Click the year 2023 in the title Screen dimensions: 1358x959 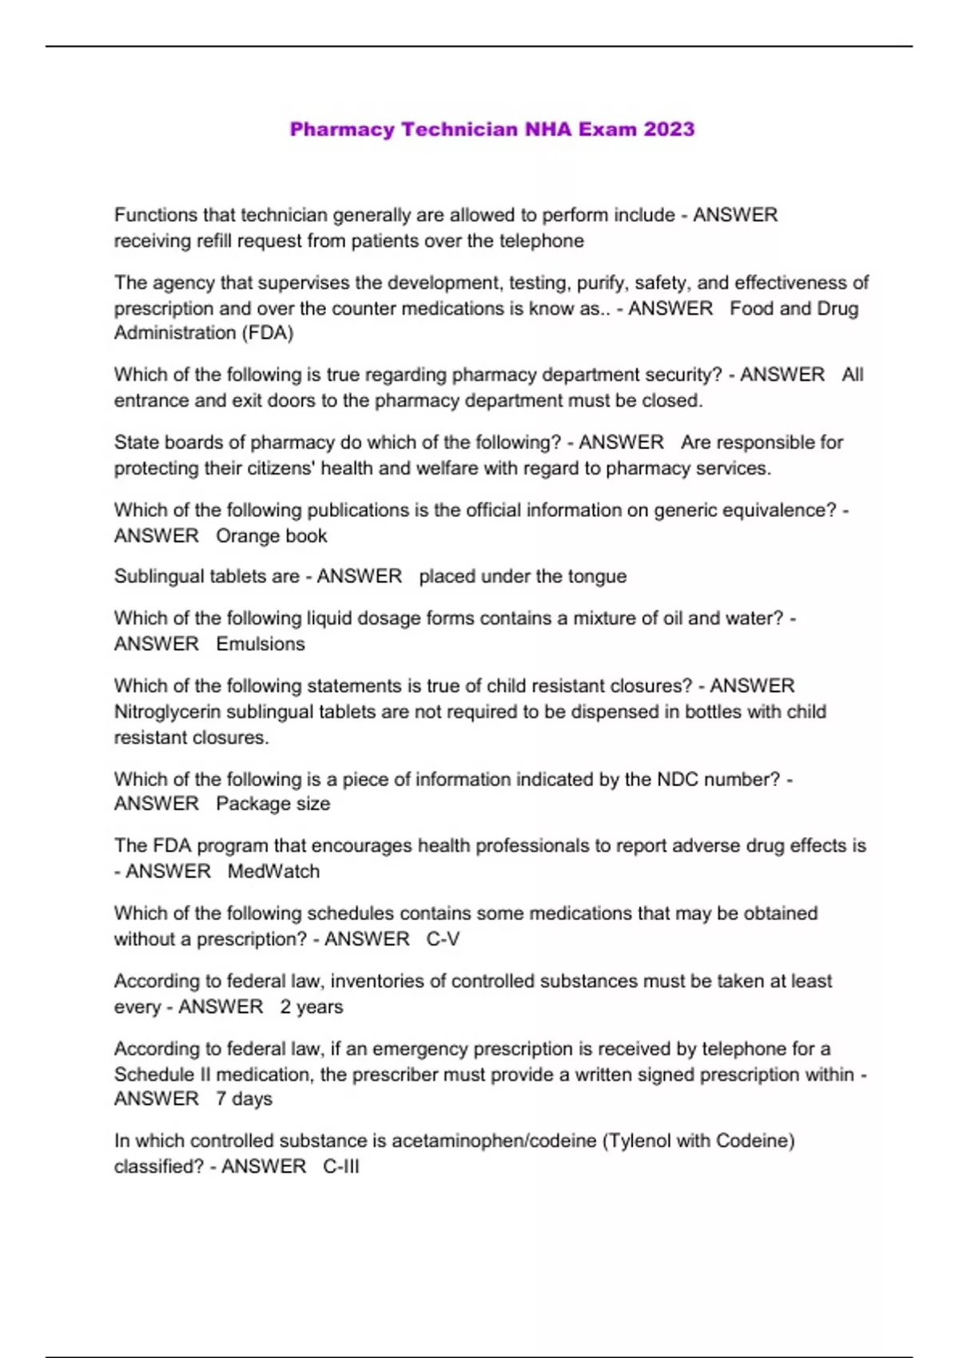pyautogui.click(x=669, y=129)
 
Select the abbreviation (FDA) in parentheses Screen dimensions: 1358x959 pyautogui.click(x=267, y=333)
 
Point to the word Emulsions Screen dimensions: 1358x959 pyautogui.click(x=261, y=644)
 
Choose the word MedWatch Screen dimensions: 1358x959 pyautogui.click(x=273, y=872)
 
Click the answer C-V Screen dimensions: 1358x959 pyautogui.click(x=443, y=939)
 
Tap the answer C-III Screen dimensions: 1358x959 pyautogui.click(x=341, y=1167)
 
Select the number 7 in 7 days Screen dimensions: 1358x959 pyautogui.click(x=221, y=1099)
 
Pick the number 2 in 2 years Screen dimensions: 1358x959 pyautogui.click(x=285, y=1007)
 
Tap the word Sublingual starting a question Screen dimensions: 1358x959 pyautogui.click(x=161, y=577)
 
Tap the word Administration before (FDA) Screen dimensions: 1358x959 pyautogui.click(x=174, y=333)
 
